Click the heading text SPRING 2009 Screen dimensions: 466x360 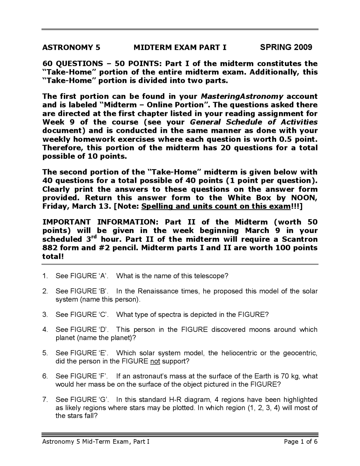286,47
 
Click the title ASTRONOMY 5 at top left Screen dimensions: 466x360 71,47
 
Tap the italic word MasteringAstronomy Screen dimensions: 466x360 242,96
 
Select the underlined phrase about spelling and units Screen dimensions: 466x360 216,206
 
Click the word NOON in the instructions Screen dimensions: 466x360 304,198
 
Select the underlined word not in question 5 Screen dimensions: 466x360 155,361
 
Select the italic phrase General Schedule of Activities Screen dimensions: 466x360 254,122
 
